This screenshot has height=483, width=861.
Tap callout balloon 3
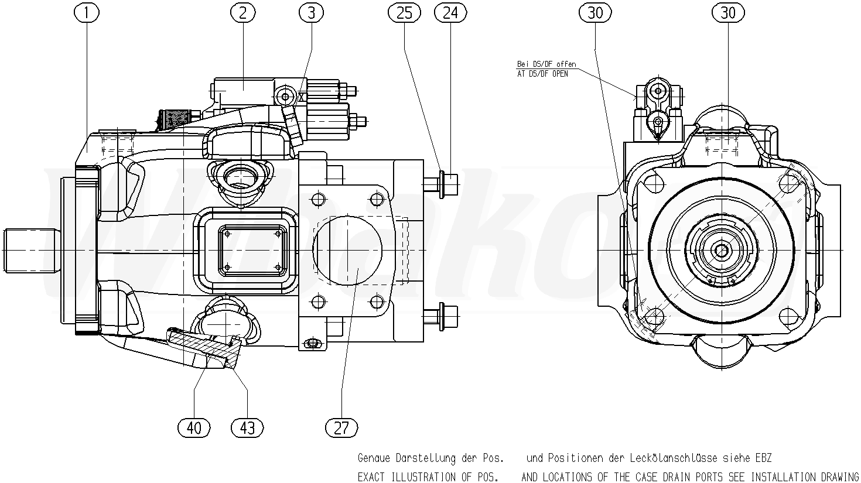[x=311, y=13]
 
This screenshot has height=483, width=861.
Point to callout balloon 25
[x=404, y=13]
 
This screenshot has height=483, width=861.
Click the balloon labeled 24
[x=450, y=13]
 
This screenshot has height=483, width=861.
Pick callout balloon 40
[x=194, y=427]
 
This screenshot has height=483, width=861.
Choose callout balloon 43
[x=247, y=427]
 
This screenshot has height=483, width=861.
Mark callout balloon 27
[x=341, y=427]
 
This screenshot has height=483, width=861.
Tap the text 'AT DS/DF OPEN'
[x=542, y=74]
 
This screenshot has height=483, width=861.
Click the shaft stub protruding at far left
[x=32, y=251]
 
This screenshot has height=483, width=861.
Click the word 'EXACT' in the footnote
[x=371, y=477]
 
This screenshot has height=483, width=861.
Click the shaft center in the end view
[x=720, y=251]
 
